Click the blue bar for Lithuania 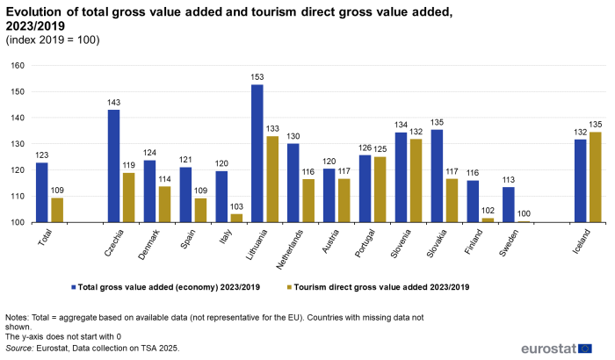pyautogui.click(x=257, y=153)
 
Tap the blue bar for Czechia pyautogui.click(x=114, y=166)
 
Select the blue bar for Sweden pyautogui.click(x=509, y=205)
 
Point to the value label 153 pyautogui.click(x=257, y=77)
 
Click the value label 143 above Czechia pyautogui.click(x=114, y=103)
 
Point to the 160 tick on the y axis pyautogui.click(x=17, y=66)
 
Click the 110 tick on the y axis pyautogui.click(x=17, y=197)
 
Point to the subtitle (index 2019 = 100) pyautogui.click(x=53, y=40)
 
